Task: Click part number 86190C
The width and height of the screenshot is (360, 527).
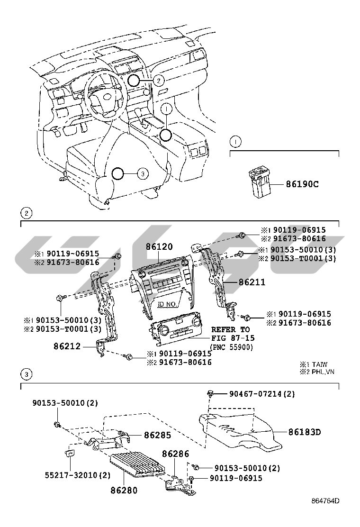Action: tap(302, 184)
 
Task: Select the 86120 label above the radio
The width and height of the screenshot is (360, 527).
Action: tap(159, 247)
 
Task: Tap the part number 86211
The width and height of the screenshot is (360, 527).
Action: tap(252, 282)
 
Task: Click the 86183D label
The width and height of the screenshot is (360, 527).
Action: tap(305, 432)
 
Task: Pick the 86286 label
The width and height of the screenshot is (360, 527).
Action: tap(176, 454)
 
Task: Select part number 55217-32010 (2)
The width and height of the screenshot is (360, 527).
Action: tap(71, 475)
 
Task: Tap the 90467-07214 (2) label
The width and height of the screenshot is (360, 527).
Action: tap(262, 394)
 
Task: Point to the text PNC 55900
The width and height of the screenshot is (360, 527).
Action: tap(232, 347)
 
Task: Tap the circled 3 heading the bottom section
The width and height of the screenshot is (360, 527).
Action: tap(27, 375)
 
